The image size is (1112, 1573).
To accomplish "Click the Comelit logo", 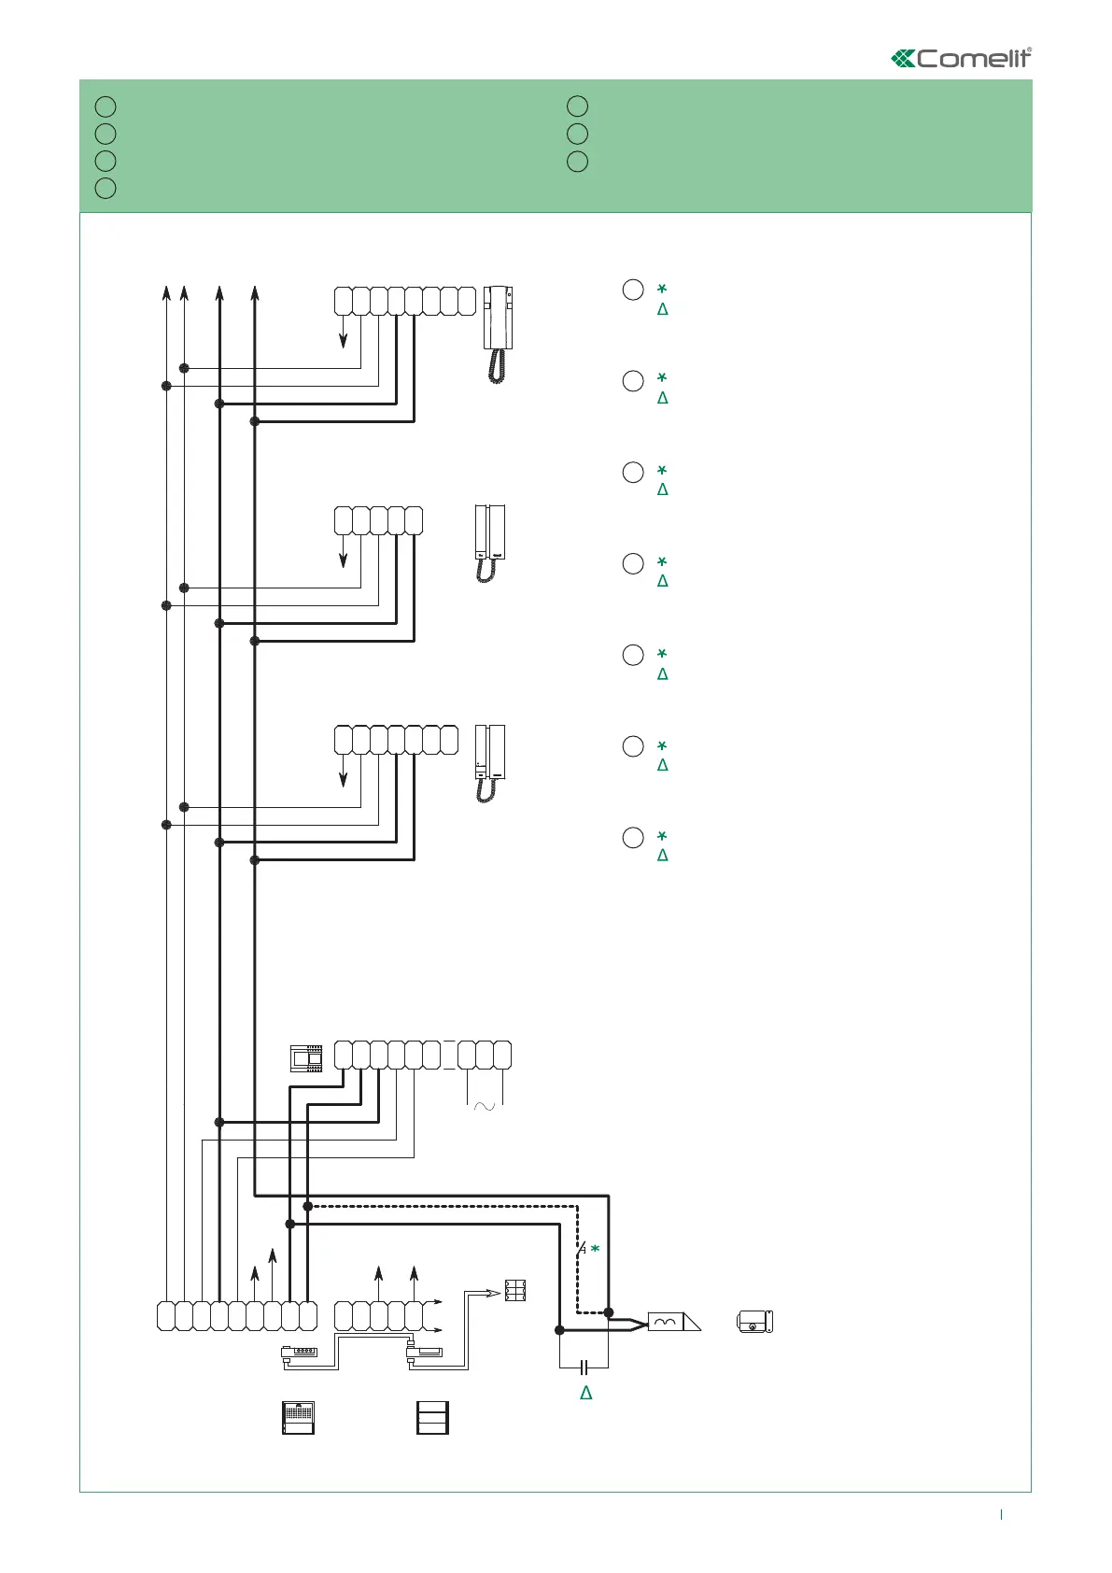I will coord(962,58).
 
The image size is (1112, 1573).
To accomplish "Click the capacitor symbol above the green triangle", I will coord(584,1368).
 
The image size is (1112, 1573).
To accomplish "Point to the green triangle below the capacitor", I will coord(586,1393).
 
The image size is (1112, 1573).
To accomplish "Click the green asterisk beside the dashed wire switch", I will coord(595,1249).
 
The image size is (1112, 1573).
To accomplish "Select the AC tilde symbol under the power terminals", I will coord(486,1106).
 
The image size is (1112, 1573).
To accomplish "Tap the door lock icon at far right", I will coord(755,1322).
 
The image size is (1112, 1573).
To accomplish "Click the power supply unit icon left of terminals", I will coord(306,1058).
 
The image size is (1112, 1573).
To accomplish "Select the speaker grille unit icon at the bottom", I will coord(299,1418).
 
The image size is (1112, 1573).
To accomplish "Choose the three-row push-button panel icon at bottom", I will coord(432,1418).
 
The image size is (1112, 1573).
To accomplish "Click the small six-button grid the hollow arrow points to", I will coord(515,1290).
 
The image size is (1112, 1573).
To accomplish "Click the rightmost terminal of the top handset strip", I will coord(467,302).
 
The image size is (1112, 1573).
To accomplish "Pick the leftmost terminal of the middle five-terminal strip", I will coord(343,520).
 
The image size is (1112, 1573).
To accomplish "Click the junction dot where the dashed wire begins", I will coord(308,1206).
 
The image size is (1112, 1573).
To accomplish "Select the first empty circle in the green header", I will coord(106,106).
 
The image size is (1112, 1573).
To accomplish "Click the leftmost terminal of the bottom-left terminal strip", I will coord(166,1315).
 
